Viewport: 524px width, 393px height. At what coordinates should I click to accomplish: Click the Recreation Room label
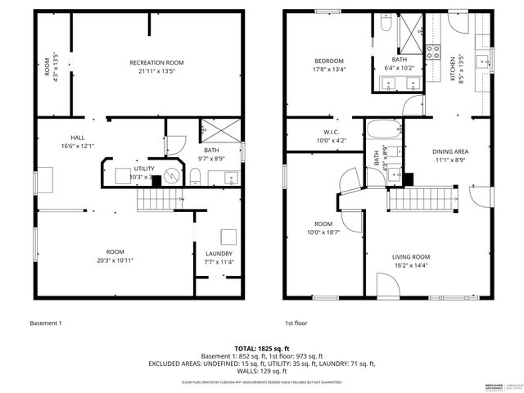(x=156, y=63)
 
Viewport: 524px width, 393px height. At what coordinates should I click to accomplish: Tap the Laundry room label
(x=219, y=254)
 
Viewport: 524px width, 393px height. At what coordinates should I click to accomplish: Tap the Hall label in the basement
(x=78, y=138)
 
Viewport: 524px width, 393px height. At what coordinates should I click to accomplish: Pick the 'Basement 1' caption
(x=45, y=323)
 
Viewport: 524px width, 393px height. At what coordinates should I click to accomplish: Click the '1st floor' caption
(x=296, y=323)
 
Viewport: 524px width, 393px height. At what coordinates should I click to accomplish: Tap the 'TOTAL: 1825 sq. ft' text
(x=261, y=348)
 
